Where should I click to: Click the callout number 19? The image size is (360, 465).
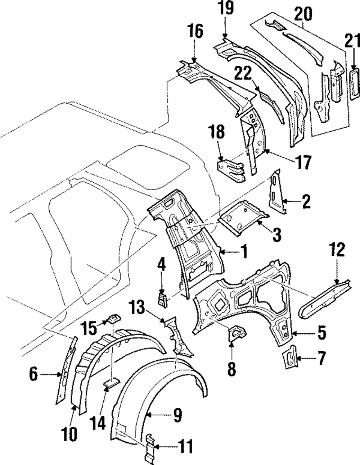[226, 8]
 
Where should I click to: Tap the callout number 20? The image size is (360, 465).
[303, 14]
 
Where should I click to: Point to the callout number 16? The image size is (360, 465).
[195, 31]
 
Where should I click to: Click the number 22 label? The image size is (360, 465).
[243, 73]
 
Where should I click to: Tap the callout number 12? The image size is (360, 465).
[337, 249]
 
